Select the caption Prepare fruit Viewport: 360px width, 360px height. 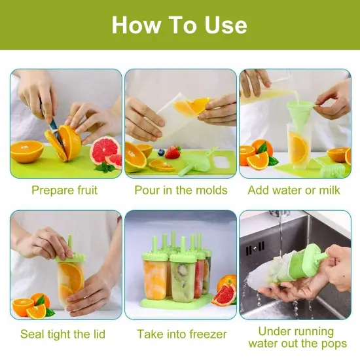64,190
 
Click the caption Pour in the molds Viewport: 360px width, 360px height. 181,190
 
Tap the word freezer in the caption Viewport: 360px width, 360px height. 204,334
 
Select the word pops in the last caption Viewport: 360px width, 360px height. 333,344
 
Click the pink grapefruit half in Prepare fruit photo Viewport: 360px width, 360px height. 105,151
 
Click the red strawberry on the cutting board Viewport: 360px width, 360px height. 173,153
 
